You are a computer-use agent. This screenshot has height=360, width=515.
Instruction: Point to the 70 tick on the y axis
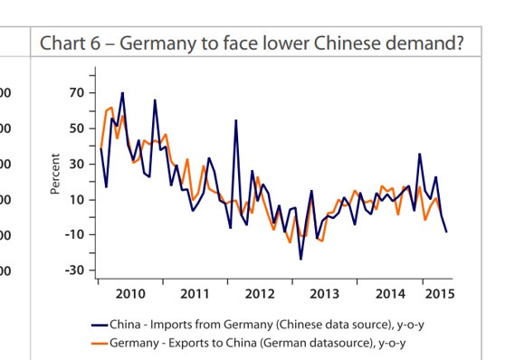[x=77, y=93]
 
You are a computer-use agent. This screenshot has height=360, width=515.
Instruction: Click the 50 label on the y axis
[x=77, y=128]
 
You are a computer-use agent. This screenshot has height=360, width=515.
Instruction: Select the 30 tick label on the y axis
[x=77, y=164]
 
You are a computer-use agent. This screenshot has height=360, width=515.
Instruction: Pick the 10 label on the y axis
[x=77, y=200]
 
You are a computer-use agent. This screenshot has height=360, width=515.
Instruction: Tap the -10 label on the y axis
[x=74, y=234]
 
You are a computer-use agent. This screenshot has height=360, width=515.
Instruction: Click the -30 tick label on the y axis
[x=74, y=270]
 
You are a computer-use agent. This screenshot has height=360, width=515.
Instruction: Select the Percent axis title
[x=55, y=174]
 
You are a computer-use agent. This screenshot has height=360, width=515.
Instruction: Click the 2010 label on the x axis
[x=130, y=294]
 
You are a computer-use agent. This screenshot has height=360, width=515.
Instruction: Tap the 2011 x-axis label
[x=195, y=294]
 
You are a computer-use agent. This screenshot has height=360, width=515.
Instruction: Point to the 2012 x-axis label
[x=260, y=294]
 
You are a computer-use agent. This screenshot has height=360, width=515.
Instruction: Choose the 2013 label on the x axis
[x=325, y=294]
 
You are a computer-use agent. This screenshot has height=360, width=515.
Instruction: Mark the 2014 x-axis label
[x=390, y=294]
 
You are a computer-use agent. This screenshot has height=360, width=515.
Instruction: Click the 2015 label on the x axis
[x=440, y=294]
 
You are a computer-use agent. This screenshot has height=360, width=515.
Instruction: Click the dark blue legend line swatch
[x=100, y=326]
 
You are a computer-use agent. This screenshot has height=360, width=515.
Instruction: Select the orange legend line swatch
[x=100, y=344]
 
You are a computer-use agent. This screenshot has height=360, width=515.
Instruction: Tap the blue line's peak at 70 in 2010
[x=122, y=93]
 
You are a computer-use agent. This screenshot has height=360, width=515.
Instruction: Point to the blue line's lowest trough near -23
[x=300, y=259]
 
